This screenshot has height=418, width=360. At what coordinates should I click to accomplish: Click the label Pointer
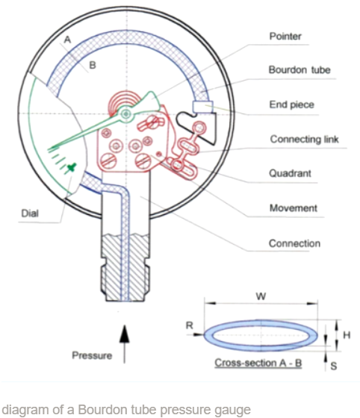click(285, 36)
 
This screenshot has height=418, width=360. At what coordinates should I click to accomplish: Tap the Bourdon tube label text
click(299, 70)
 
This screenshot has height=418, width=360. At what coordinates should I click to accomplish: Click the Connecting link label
click(304, 140)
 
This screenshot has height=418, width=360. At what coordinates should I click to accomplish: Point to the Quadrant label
click(290, 174)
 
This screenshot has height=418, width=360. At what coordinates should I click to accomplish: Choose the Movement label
click(292, 208)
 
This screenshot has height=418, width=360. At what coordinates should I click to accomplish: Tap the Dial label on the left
click(30, 214)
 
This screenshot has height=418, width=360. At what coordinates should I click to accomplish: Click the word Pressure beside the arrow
click(92, 355)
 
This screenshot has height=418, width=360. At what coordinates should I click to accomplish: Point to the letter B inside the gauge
click(93, 66)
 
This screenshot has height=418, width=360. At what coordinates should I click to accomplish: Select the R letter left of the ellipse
click(190, 326)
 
